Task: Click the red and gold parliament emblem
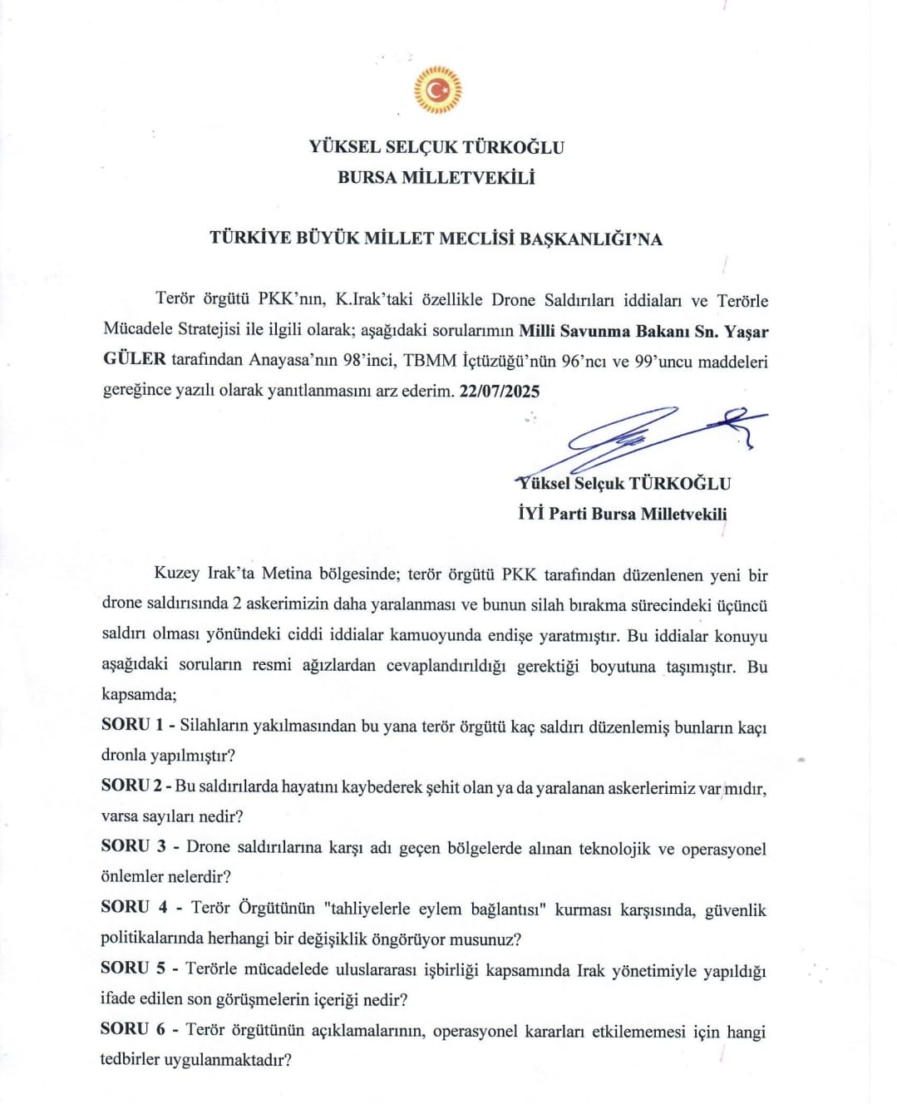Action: click(437, 90)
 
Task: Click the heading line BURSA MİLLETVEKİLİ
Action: click(436, 178)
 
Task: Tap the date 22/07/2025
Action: click(500, 392)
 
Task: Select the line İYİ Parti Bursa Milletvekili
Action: click(622, 514)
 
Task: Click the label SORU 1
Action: click(132, 725)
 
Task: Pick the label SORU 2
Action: click(132, 786)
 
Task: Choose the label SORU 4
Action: click(134, 907)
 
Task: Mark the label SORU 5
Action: click(133, 968)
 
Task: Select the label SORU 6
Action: click(133, 1029)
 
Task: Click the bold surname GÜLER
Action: click(135, 360)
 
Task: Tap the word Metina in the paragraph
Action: click(287, 574)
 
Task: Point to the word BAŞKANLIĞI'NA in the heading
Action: click(591, 239)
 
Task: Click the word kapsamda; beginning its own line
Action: click(139, 694)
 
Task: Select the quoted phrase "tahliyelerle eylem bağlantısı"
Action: click(433, 909)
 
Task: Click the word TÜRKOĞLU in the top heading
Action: click(513, 148)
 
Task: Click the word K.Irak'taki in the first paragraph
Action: click(375, 300)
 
